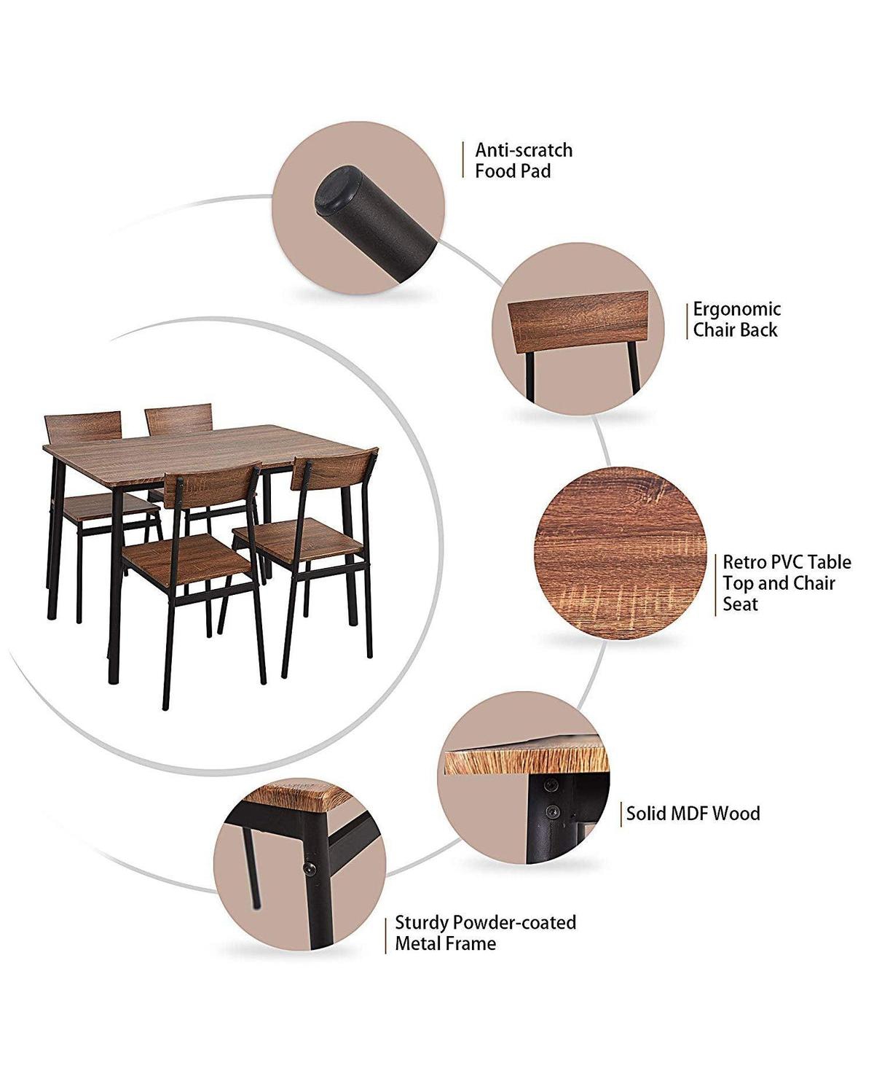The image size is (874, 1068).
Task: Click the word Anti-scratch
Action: tap(523, 150)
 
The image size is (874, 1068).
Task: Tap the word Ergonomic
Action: tap(736, 309)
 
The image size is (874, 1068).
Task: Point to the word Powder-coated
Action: tap(514, 923)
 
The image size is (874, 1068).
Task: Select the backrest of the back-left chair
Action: tap(82, 428)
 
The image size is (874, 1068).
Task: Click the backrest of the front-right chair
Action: tap(334, 469)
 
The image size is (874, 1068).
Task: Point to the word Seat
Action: tap(740, 604)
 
